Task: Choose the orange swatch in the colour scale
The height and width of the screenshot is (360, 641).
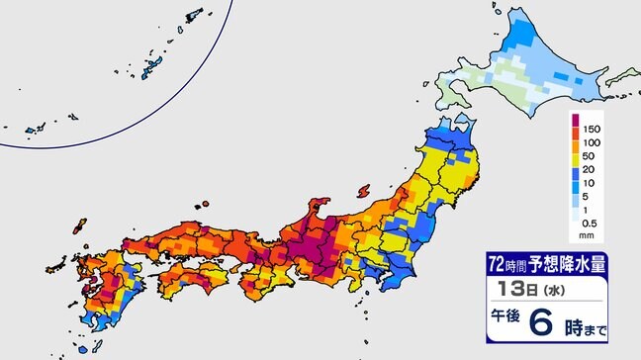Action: [x=575, y=155]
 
